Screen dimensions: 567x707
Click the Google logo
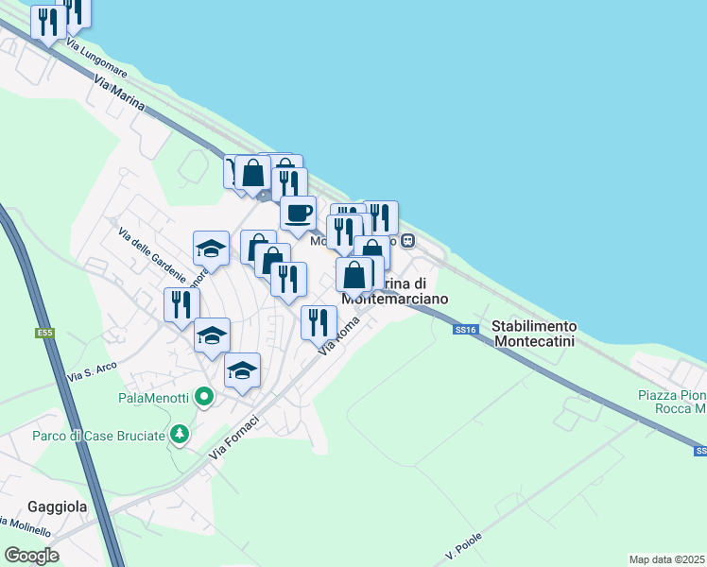(31, 555)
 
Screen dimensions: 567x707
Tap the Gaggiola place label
(59, 507)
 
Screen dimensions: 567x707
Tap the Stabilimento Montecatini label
(535, 333)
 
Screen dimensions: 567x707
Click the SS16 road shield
(463, 329)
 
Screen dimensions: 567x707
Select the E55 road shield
(45, 333)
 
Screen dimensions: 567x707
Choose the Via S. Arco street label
(91, 372)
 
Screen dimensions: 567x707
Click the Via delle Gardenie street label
(152, 254)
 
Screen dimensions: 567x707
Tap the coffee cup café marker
(298, 212)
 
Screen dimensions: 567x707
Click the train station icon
(408, 240)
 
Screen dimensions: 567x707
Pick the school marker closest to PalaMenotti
(242, 370)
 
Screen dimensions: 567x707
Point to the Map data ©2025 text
(666, 559)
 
